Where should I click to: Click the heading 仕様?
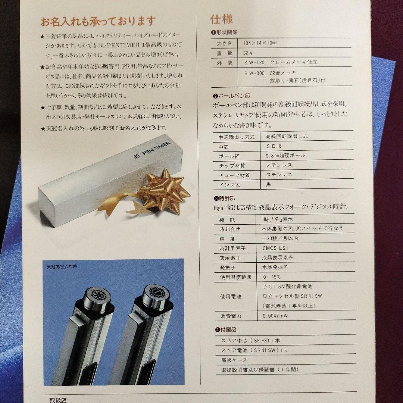tap(222, 19)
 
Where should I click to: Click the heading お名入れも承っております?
tap(98, 21)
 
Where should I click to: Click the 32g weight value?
tap(248, 53)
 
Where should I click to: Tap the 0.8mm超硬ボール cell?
tap(285, 156)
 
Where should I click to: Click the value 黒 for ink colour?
tap(269, 184)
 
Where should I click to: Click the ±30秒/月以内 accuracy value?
tap(277, 238)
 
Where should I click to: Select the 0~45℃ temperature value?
tap(272, 277)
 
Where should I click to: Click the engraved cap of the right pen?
tap(154, 297)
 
